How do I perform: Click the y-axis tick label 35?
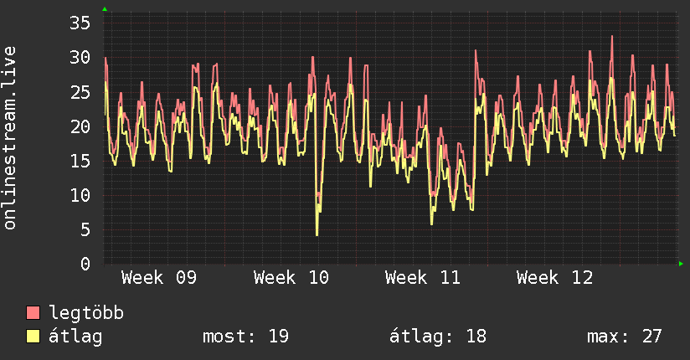click(80, 23)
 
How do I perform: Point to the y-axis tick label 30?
click(80, 57)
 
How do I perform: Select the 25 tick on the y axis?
click(80, 91)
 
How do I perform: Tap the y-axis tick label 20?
click(80, 126)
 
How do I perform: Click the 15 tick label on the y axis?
click(80, 161)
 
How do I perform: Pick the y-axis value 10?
click(80, 195)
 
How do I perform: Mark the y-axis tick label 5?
click(85, 229)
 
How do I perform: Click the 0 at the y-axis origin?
click(85, 264)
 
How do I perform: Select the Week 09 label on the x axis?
click(159, 277)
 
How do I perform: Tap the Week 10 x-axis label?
click(291, 277)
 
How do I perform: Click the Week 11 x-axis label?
click(423, 277)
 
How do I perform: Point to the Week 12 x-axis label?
click(554, 277)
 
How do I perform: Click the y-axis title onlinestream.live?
click(10, 138)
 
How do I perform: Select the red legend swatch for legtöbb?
click(33, 313)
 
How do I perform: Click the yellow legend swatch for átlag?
click(33, 337)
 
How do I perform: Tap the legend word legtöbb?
click(87, 313)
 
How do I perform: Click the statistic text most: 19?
click(245, 337)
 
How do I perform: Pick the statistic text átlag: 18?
click(438, 337)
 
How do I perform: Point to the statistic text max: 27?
click(625, 337)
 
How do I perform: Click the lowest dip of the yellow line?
click(317, 234)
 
